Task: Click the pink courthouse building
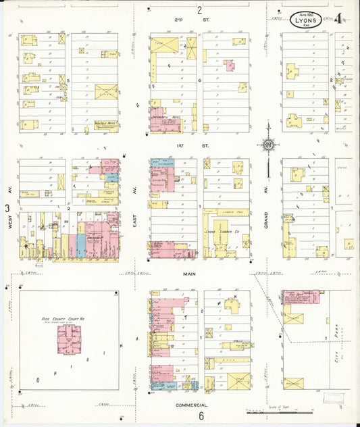pyautogui.click(x=69, y=341)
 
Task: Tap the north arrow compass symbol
pyautogui.click(x=268, y=143)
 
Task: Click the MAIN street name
pyautogui.click(x=189, y=274)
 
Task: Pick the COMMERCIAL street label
pyautogui.click(x=190, y=403)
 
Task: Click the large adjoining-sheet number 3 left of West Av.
pyautogui.click(x=7, y=209)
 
